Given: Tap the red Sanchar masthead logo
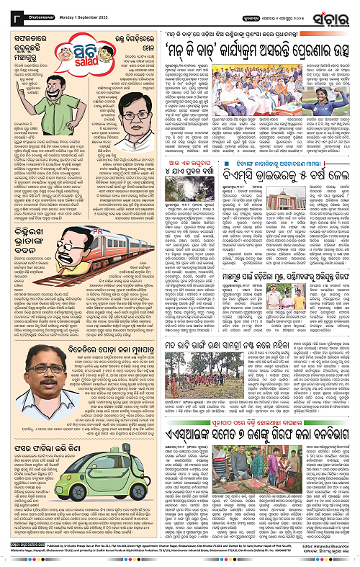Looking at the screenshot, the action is click(330, 13).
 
